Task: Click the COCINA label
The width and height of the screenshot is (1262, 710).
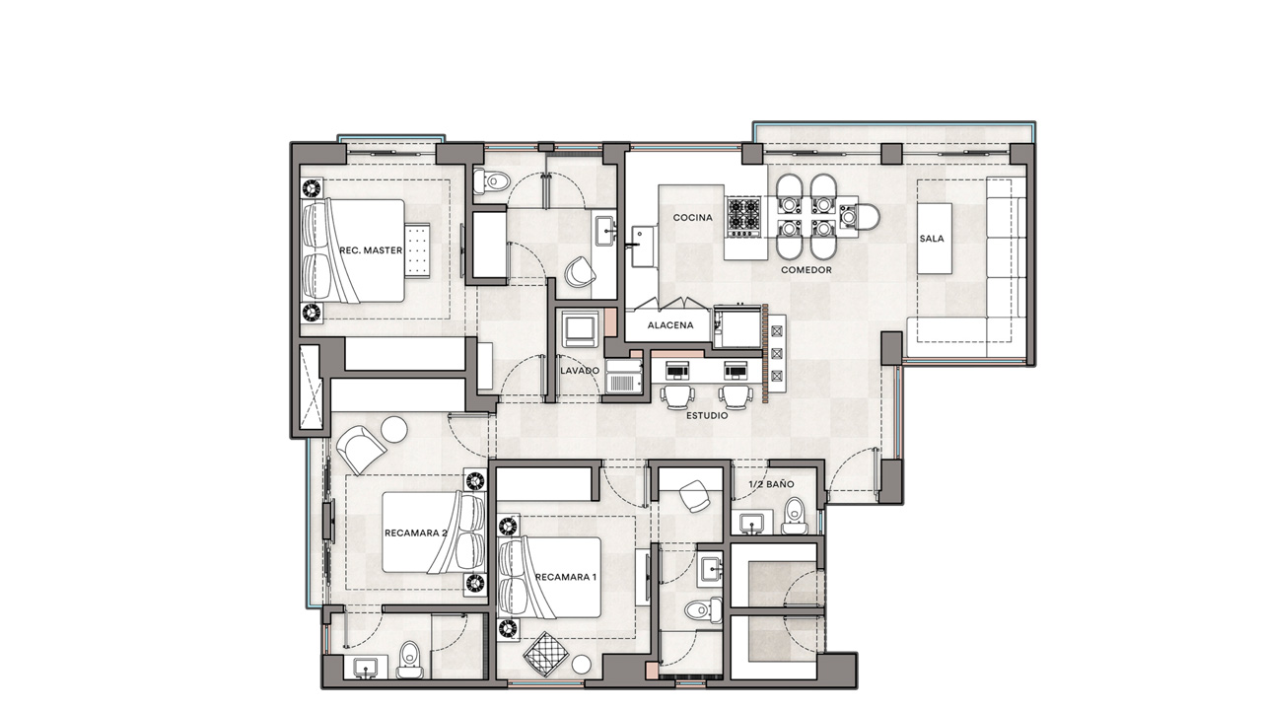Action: coord(692,218)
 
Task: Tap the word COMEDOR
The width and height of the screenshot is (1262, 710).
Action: coord(806,270)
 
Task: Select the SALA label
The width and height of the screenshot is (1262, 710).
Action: coord(932,239)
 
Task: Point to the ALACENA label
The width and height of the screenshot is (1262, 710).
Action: coord(670,325)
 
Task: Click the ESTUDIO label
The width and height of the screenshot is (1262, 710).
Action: coord(707,415)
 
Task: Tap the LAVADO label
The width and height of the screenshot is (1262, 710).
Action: coord(580,370)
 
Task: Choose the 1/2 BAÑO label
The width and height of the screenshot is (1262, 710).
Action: coord(771,484)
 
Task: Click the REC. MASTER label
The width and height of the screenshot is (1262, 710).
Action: coord(371,250)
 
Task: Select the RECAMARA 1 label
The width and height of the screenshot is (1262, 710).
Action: coord(565,577)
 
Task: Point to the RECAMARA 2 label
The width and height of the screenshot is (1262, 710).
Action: coord(416,532)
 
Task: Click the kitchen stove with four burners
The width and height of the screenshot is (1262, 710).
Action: coord(743,217)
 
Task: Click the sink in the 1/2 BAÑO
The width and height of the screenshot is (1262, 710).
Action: coord(751,524)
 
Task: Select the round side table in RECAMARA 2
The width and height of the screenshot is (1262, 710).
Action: coord(393,429)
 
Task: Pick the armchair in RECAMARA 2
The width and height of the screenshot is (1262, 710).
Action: coord(361,449)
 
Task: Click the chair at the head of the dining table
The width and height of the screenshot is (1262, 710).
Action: coord(859,216)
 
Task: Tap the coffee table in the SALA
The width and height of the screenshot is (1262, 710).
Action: coord(935,239)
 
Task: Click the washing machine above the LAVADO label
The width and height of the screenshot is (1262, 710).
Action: coord(580,328)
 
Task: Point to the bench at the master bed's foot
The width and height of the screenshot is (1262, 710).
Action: coord(417,250)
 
